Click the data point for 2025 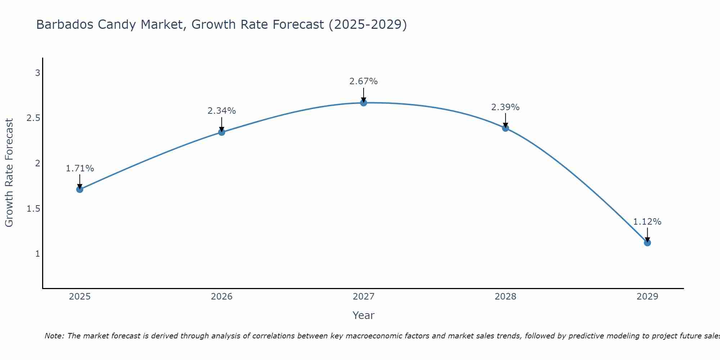pos(80,189)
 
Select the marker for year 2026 pos(222,132)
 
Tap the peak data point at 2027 pos(364,103)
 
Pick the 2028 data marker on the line pos(505,128)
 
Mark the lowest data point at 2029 pos(647,243)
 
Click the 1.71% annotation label pos(80,168)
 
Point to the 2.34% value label pos(222,111)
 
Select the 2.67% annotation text pos(364,81)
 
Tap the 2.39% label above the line pos(505,107)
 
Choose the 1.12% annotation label pos(647,222)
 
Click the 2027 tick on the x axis pos(364,297)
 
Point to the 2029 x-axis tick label pos(647,297)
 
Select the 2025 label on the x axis pos(80,297)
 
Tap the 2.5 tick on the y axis pos(33,118)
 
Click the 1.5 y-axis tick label pos(33,209)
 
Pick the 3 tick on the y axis pos(37,73)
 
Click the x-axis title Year pos(364,315)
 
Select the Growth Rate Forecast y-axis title pos(9,173)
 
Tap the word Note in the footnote pos(54,336)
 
